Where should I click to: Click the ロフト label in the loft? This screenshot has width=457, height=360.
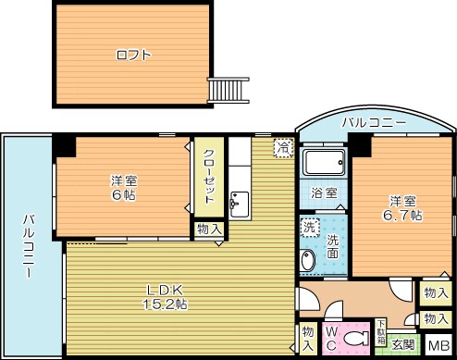point(134,56)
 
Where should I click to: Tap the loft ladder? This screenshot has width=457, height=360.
point(228,90)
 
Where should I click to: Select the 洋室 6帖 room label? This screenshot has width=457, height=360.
point(124,188)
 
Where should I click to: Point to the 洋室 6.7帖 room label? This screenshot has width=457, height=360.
point(402,208)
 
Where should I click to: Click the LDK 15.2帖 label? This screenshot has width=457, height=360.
point(165,297)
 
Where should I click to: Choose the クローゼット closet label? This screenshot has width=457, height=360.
point(209,176)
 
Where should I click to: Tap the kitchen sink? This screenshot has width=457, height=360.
point(240,205)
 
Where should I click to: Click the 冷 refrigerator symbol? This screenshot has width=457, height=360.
point(283,148)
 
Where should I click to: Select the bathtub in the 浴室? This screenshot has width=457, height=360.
point(324,163)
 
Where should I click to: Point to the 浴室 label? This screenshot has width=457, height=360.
point(324,193)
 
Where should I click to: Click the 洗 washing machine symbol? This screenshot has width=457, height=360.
point(310,227)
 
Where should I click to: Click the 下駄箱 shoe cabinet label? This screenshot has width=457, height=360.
point(381,332)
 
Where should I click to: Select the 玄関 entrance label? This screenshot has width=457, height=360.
point(403,345)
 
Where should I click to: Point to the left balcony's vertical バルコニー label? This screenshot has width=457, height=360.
point(29,246)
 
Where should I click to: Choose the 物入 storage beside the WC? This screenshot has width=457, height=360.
point(308,339)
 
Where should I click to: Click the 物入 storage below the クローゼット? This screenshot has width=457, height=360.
point(210,230)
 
